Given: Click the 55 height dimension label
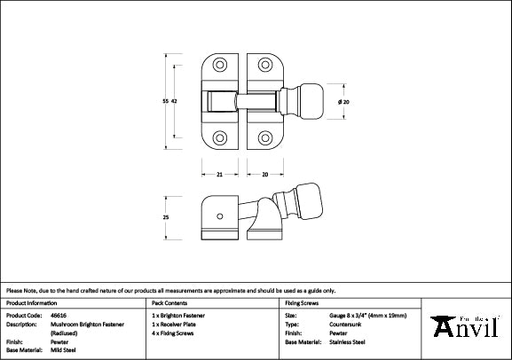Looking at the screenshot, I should click(x=164, y=102).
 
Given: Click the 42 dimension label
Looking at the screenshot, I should click(x=175, y=102).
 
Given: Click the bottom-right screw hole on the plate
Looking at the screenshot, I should click(x=265, y=137).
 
